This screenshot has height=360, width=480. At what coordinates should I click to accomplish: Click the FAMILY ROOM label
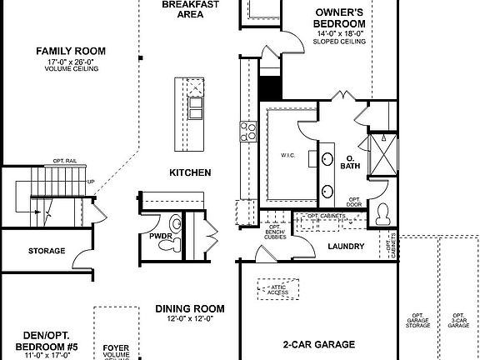[71, 51]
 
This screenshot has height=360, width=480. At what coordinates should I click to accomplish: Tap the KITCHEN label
[190, 173]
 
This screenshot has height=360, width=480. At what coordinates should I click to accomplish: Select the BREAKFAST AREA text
[190, 9]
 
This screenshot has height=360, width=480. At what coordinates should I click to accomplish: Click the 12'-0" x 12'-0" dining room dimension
[190, 317]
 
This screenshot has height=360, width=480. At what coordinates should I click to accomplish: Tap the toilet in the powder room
[175, 225]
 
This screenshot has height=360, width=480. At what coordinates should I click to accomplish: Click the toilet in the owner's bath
[383, 213]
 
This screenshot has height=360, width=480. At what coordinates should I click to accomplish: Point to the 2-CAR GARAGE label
[318, 344]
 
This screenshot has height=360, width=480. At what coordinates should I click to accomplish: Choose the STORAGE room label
[47, 250]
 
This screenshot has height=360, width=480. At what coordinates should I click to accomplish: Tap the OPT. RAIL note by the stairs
[64, 160]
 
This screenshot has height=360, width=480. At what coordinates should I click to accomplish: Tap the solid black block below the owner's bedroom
[268, 87]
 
